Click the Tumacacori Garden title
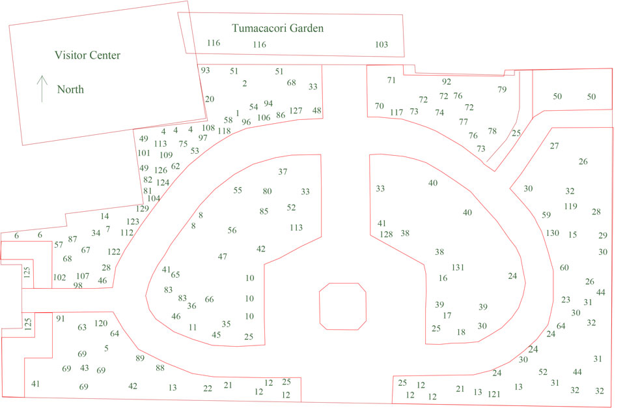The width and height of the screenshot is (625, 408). (x=277, y=28)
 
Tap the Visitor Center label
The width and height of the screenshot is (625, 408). (x=87, y=55)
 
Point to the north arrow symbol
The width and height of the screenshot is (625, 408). (x=42, y=89)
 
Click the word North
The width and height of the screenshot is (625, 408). (x=70, y=89)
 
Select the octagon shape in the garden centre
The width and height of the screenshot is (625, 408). (x=343, y=306)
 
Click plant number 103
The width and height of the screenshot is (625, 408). (x=382, y=44)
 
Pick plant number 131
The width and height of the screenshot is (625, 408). (x=458, y=267)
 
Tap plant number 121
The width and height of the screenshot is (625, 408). (x=494, y=394)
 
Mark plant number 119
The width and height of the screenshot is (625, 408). (x=571, y=207)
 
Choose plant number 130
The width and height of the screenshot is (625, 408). (x=553, y=233)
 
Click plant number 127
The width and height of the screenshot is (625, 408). (x=296, y=111)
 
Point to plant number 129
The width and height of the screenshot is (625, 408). (x=143, y=209)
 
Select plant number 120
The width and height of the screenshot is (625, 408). (x=101, y=323)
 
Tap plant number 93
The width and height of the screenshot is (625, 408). (x=205, y=70)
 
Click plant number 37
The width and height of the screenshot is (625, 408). (x=283, y=171)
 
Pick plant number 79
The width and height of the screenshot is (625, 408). (x=502, y=89)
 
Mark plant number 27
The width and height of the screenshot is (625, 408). (x=555, y=146)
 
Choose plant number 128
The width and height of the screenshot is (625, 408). (x=386, y=235)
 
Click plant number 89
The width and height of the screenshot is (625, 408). (x=140, y=358)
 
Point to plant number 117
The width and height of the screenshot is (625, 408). (x=396, y=112)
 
